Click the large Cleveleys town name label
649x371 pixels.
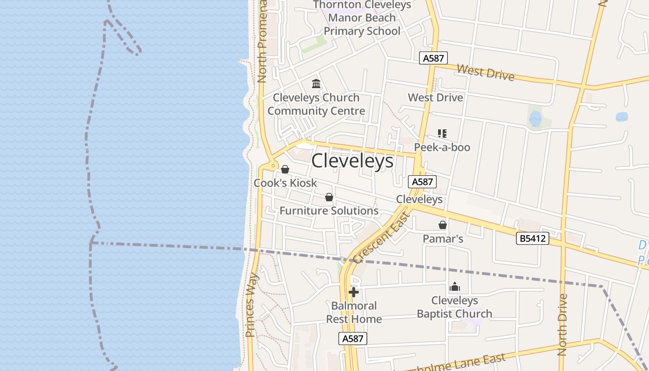tap(352, 161)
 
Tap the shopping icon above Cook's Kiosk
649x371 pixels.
tap(285, 169)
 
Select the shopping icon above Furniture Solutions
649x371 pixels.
tap(329, 197)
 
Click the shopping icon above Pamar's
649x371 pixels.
tap(443, 225)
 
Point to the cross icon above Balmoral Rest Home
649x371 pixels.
tap(354, 292)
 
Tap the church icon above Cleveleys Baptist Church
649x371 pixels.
tap(455, 287)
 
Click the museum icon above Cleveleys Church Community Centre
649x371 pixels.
tap(316, 83)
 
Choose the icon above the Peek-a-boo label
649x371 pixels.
tap(442, 134)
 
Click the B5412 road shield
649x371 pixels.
tap(532, 238)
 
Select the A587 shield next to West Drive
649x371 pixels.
tap(433, 58)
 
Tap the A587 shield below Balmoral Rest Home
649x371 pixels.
tap(352, 339)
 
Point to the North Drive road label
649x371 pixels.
tap(562, 325)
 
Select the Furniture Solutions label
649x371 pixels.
tap(329, 211)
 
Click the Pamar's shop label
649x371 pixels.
tap(443, 239)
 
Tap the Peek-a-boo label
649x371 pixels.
tap(442, 147)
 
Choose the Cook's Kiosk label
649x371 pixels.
tap(285, 183)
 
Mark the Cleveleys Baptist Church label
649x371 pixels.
tap(455, 307)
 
